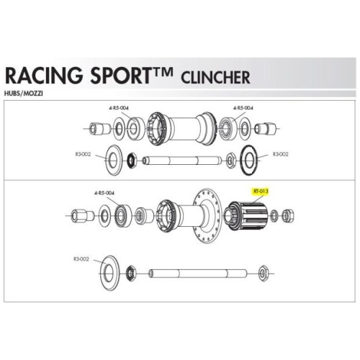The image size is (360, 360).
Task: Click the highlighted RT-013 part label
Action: tap(261, 192)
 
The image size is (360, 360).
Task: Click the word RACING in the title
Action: tap(44, 76)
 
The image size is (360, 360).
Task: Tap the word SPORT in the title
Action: tap(120, 76)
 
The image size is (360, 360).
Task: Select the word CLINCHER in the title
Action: tap(215, 78)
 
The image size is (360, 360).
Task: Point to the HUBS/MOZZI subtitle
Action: tap(24, 94)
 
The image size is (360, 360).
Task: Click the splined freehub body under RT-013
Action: tap(247, 216)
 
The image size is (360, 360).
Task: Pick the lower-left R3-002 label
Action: tap(81, 259)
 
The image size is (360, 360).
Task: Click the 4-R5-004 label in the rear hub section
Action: tap(104, 193)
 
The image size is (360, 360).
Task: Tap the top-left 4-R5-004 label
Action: tap(119, 108)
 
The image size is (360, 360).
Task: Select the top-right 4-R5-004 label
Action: tap(243, 108)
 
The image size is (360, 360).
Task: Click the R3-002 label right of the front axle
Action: tap(281, 154)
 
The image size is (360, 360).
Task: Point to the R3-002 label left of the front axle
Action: tap(83, 154)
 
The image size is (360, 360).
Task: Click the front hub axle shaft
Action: tap(182, 161)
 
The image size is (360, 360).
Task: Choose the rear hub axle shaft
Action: tap(198, 274)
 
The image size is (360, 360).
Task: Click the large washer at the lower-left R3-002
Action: tap(109, 273)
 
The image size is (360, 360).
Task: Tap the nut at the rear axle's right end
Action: tap(263, 274)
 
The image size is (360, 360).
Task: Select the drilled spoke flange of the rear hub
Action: tap(207, 216)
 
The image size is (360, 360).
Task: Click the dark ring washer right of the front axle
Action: tap(248, 160)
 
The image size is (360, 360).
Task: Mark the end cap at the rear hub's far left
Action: tap(82, 215)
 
